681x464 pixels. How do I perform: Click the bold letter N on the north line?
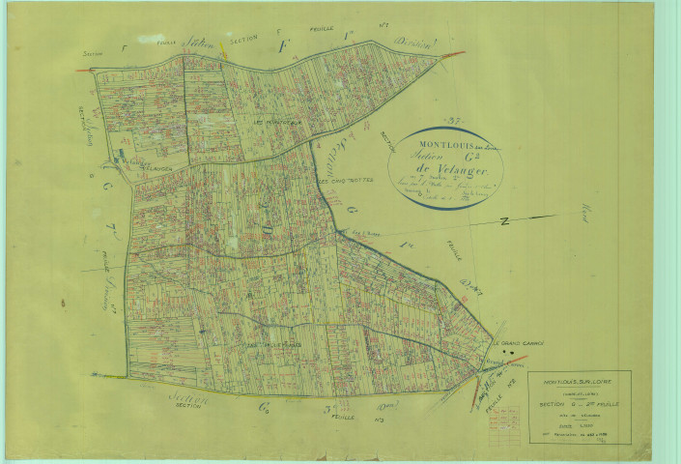[503, 222]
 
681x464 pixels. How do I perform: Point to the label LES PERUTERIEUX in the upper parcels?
[277, 123]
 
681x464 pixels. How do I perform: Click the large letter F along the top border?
[283, 46]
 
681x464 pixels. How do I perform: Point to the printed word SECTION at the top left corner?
[93, 55]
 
